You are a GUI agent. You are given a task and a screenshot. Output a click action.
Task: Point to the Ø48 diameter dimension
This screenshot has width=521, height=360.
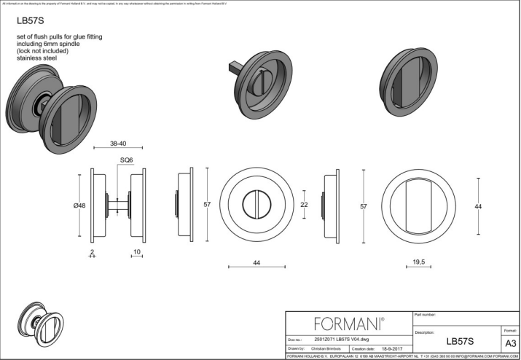(x=79, y=206)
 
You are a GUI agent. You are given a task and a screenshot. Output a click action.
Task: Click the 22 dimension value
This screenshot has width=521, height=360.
(x=304, y=205)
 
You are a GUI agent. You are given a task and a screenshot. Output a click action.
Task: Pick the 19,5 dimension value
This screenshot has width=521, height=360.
(x=418, y=261)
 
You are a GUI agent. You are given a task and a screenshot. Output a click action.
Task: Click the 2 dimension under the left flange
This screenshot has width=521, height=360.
(x=93, y=252)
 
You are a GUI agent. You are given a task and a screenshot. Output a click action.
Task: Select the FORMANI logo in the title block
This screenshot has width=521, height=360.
(x=348, y=323)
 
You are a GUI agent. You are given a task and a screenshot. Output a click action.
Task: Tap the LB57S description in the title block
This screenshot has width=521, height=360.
(x=460, y=340)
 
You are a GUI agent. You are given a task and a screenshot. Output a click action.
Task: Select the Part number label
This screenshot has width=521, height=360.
(x=424, y=315)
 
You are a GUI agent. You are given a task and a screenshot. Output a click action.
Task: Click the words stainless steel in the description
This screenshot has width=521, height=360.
(x=36, y=58)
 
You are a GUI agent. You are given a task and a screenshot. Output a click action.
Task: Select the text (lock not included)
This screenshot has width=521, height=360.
(x=42, y=50)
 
